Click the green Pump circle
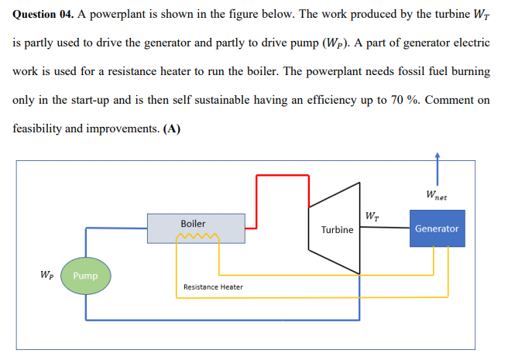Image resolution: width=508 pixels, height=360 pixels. pos(85,276)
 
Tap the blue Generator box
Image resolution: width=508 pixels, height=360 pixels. pos(437,228)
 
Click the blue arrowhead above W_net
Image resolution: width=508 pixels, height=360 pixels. pos(438,155)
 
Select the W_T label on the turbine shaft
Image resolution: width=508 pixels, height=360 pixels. pos(372,214)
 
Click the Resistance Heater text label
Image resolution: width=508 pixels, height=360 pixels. pos(212,287)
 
